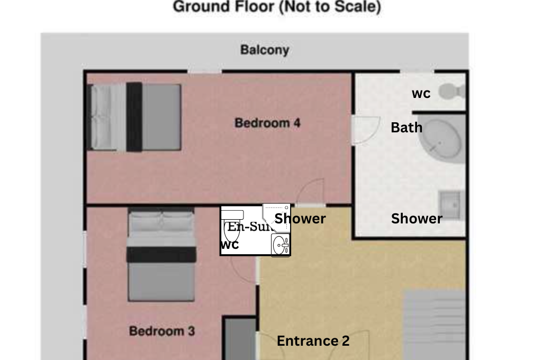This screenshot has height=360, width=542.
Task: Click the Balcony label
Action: click(265, 50)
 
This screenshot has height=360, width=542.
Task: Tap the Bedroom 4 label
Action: click(267, 123)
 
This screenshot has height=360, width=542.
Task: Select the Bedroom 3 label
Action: click(162, 331)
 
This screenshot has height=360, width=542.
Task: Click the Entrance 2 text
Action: click(313, 341)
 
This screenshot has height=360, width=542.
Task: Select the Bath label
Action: click(406, 128)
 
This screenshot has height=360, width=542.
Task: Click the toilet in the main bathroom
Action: click(451, 91)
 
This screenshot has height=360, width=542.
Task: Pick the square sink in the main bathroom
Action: click(450, 202)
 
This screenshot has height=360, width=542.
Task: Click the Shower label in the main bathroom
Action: click(417, 219)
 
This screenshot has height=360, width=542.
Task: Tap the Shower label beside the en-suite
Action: click(300, 219)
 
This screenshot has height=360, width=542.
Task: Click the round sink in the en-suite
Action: click(281, 245)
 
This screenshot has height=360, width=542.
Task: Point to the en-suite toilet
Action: click(232, 225)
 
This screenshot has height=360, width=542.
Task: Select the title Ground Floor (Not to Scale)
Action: click(277, 7)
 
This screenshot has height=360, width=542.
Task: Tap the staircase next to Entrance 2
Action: click(435, 323)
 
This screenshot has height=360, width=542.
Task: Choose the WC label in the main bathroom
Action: click(421, 94)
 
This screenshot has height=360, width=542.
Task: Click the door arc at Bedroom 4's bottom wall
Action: click(311, 192)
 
